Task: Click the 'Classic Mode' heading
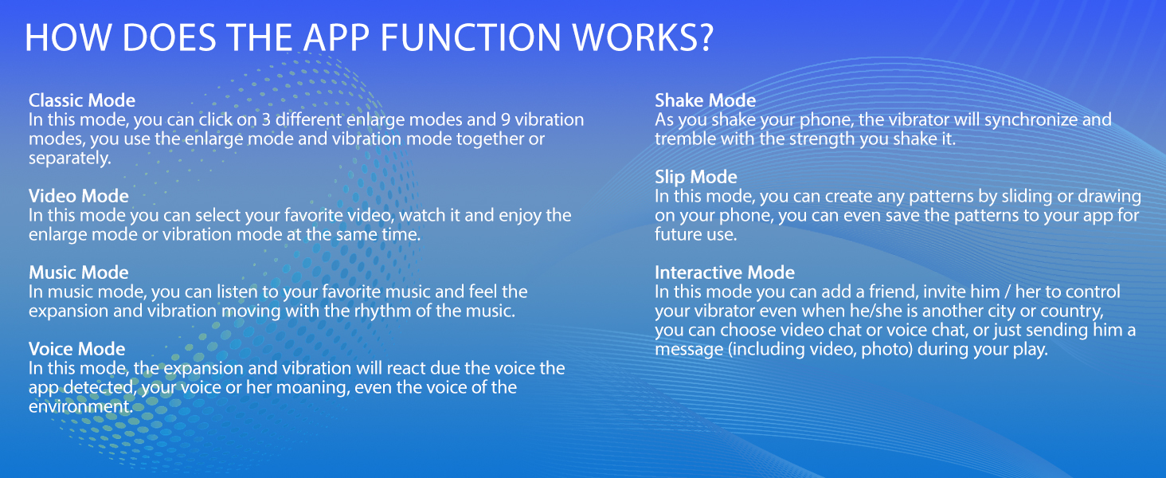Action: coord(82,100)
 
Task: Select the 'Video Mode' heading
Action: coord(79,196)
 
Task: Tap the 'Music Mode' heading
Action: coord(79,272)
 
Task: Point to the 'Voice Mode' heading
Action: coord(77,349)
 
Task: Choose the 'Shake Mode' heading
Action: coord(706,100)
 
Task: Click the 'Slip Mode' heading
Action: coord(696,177)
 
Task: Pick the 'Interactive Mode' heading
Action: coord(725,272)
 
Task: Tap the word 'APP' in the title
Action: coord(336,37)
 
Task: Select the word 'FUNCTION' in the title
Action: coord(471,37)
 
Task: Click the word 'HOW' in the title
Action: coord(68,37)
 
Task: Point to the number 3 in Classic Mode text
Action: coord(266,119)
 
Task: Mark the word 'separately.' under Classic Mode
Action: coord(70,159)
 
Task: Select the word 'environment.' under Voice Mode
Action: coord(80,406)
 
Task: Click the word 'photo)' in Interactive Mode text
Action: coord(887,350)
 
